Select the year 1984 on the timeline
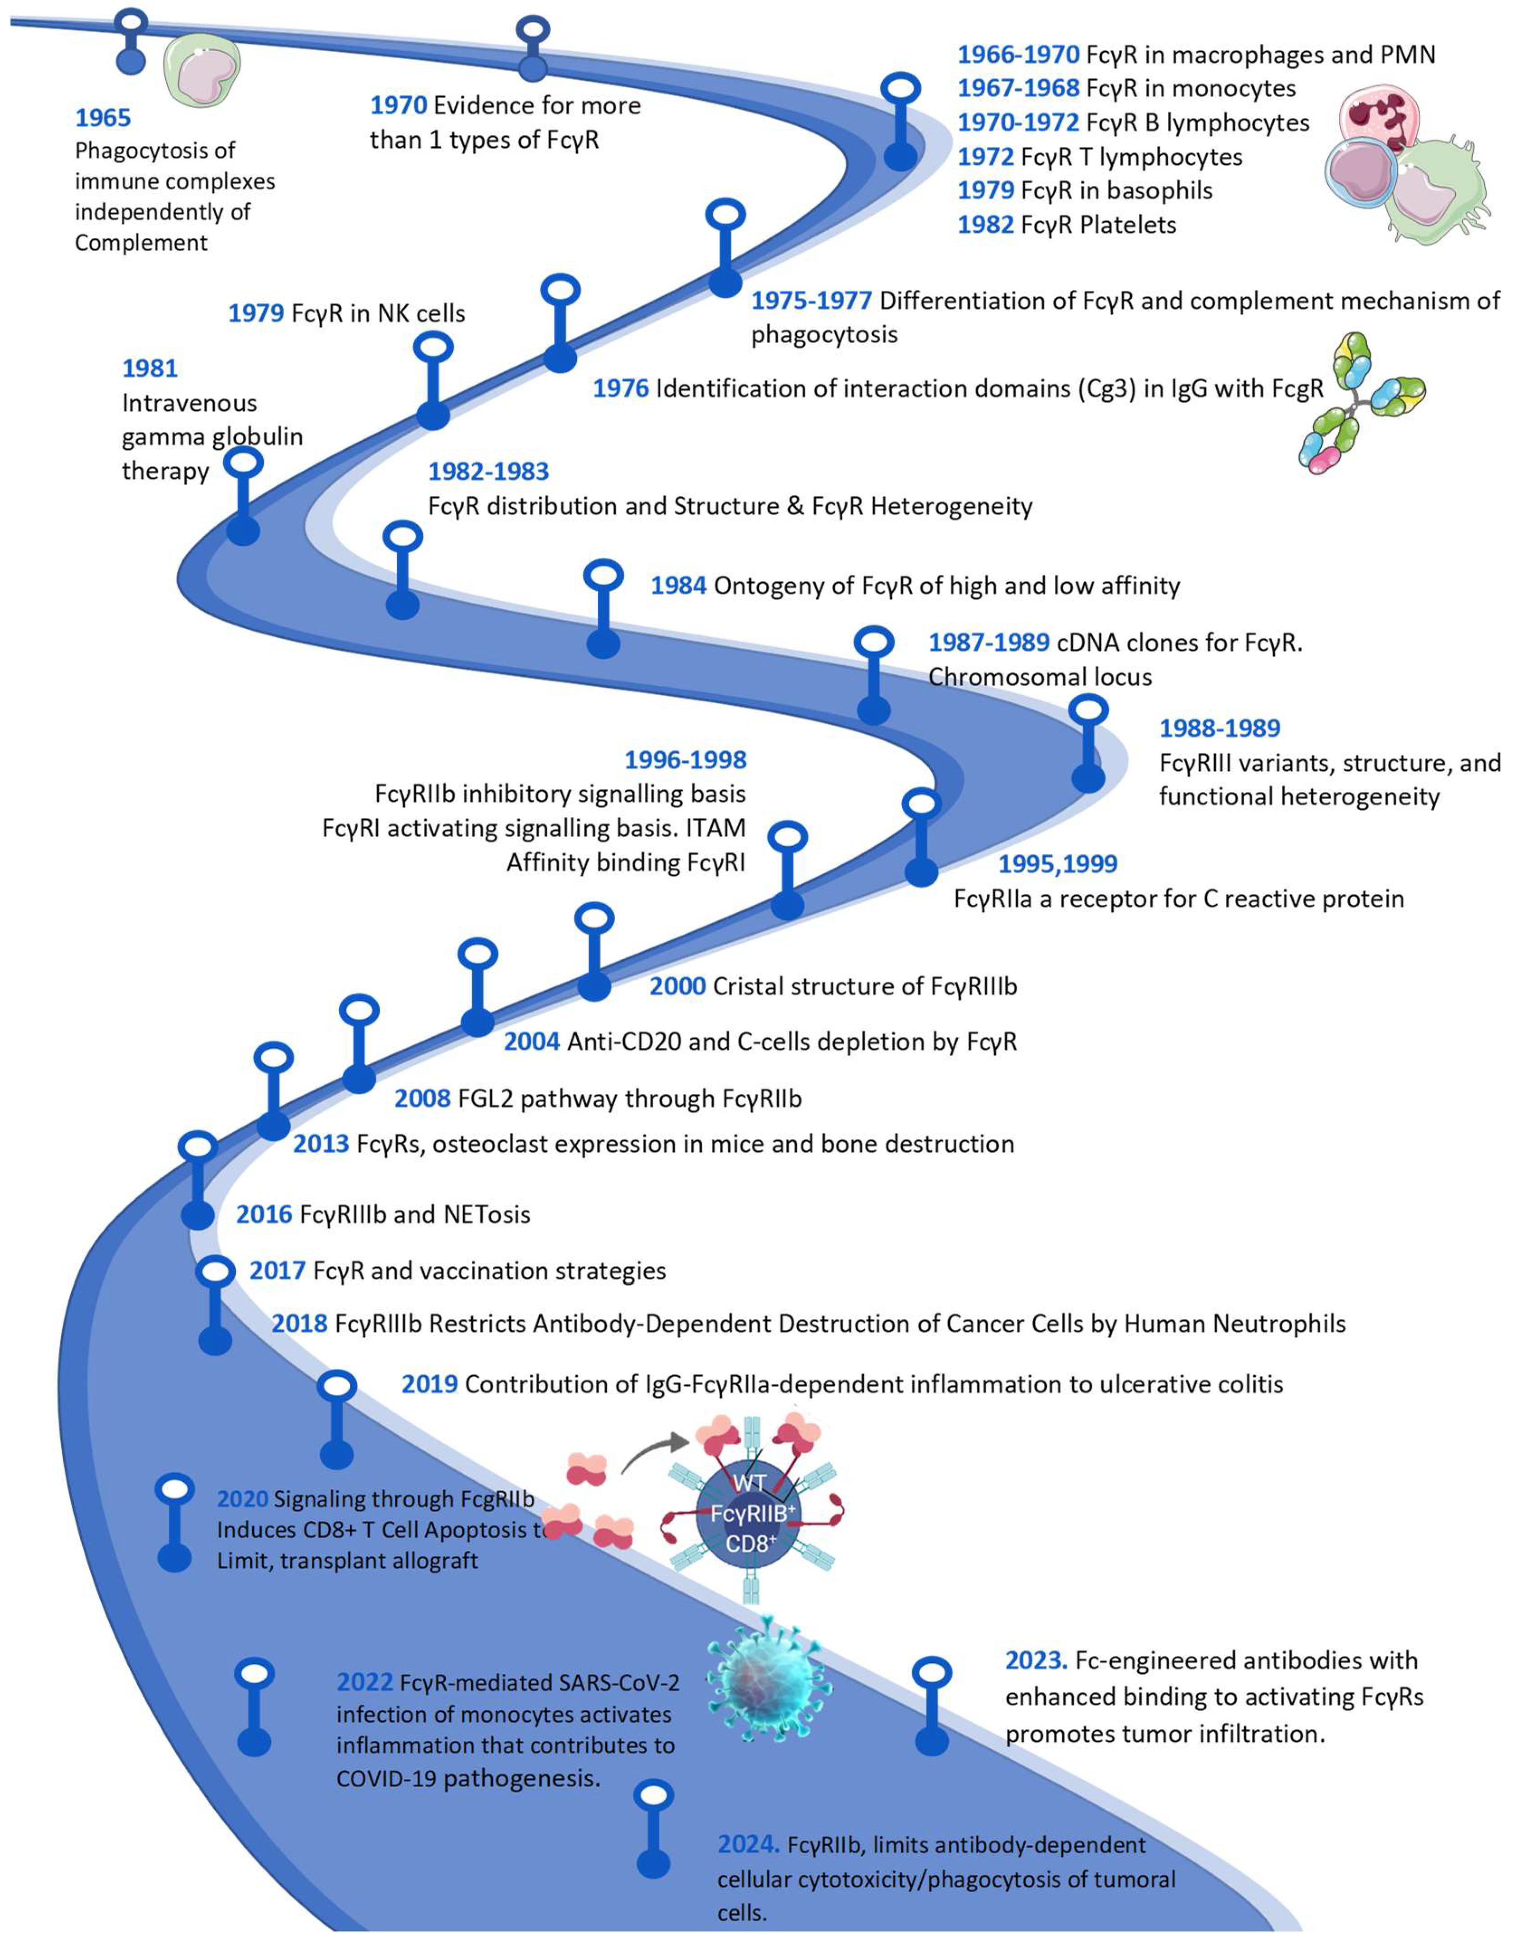[679, 585]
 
